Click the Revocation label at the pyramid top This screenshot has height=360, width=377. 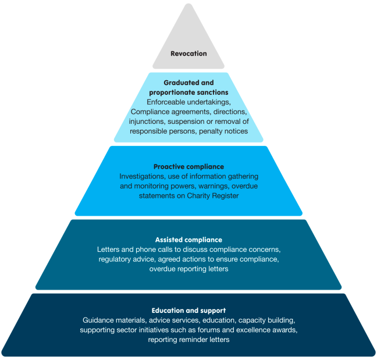188,54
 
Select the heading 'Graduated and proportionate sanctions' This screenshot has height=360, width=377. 188,88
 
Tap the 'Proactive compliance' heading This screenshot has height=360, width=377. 188,166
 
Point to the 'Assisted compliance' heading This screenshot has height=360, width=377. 188,240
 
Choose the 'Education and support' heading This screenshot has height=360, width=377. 188,311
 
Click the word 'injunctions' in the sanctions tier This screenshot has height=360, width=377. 149,121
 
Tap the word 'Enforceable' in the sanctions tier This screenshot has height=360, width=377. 167,102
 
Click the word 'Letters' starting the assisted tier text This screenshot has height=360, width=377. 108,249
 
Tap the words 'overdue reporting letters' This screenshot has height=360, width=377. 188,269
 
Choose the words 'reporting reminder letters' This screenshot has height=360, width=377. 188,340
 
